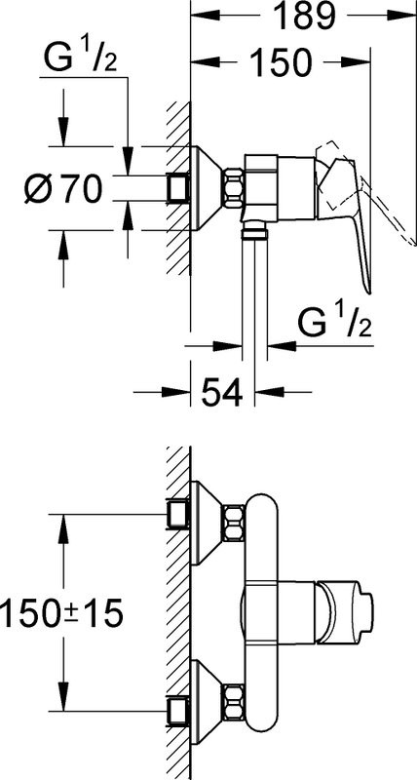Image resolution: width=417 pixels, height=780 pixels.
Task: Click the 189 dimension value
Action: (305, 17)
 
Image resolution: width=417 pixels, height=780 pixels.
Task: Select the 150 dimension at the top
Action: (280, 62)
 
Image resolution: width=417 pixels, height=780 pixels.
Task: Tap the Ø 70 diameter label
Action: (63, 189)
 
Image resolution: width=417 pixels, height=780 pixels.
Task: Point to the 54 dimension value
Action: (222, 392)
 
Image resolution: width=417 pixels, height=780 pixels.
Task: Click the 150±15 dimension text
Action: (61, 613)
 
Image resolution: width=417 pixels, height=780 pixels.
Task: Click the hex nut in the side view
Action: (234, 188)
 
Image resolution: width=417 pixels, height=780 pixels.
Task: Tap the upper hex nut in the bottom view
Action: (234, 523)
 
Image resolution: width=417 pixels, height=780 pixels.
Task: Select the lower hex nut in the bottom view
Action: (234, 703)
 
